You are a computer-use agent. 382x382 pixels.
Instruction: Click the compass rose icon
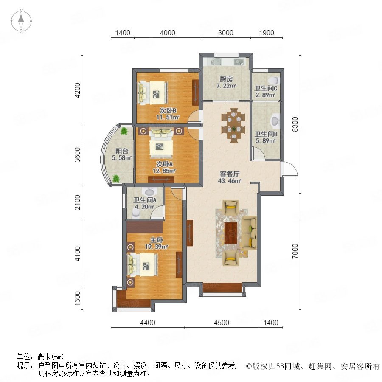(x=22, y=21)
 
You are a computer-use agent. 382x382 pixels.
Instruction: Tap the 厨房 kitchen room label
(x=226, y=79)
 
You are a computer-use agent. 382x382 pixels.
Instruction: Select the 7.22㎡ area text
(x=226, y=86)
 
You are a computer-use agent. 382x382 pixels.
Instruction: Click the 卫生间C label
(x=266, y=88)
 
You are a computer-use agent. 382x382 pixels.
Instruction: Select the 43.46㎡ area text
(x=230, y=181)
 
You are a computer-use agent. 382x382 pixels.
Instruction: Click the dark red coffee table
(x=231, y=233)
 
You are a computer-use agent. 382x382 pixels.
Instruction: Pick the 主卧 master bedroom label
(x=156, y=240)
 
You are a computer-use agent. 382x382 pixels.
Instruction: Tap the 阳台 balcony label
(x=122, y=151)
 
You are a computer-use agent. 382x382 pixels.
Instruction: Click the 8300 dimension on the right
(x=295, y=124)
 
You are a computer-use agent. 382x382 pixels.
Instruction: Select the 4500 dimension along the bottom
(x=222, y=323)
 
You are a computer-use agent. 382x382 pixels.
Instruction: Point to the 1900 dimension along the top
(x=267, y=33)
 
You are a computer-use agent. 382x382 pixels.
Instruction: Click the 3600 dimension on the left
(x=77, y=154)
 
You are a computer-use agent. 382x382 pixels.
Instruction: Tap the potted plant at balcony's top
(x=124, y=131)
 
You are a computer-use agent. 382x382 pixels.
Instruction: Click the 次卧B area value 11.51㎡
(x=168, y=117)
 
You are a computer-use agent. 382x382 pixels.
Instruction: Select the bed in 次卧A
(x=161, y=143)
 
